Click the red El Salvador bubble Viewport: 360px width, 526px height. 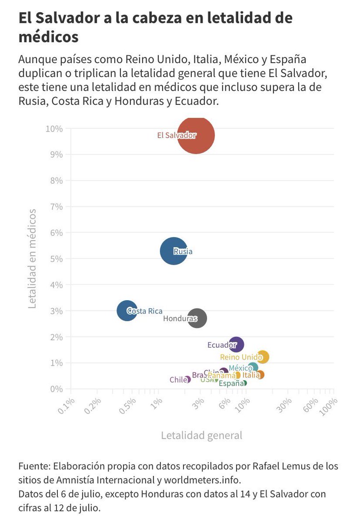(196, 135)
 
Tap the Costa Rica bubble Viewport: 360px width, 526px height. (127, 311)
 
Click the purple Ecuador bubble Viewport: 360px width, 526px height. (236, 345)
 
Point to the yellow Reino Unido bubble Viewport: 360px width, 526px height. (263, 357)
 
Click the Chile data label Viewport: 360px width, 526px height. (178, 380)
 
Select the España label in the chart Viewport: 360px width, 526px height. (229, 384)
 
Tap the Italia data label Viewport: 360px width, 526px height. (251, 375)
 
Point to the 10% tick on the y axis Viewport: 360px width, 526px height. (54, 129)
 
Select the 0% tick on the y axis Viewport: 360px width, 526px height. (56, 389)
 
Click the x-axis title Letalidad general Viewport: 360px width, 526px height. (201, 435)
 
